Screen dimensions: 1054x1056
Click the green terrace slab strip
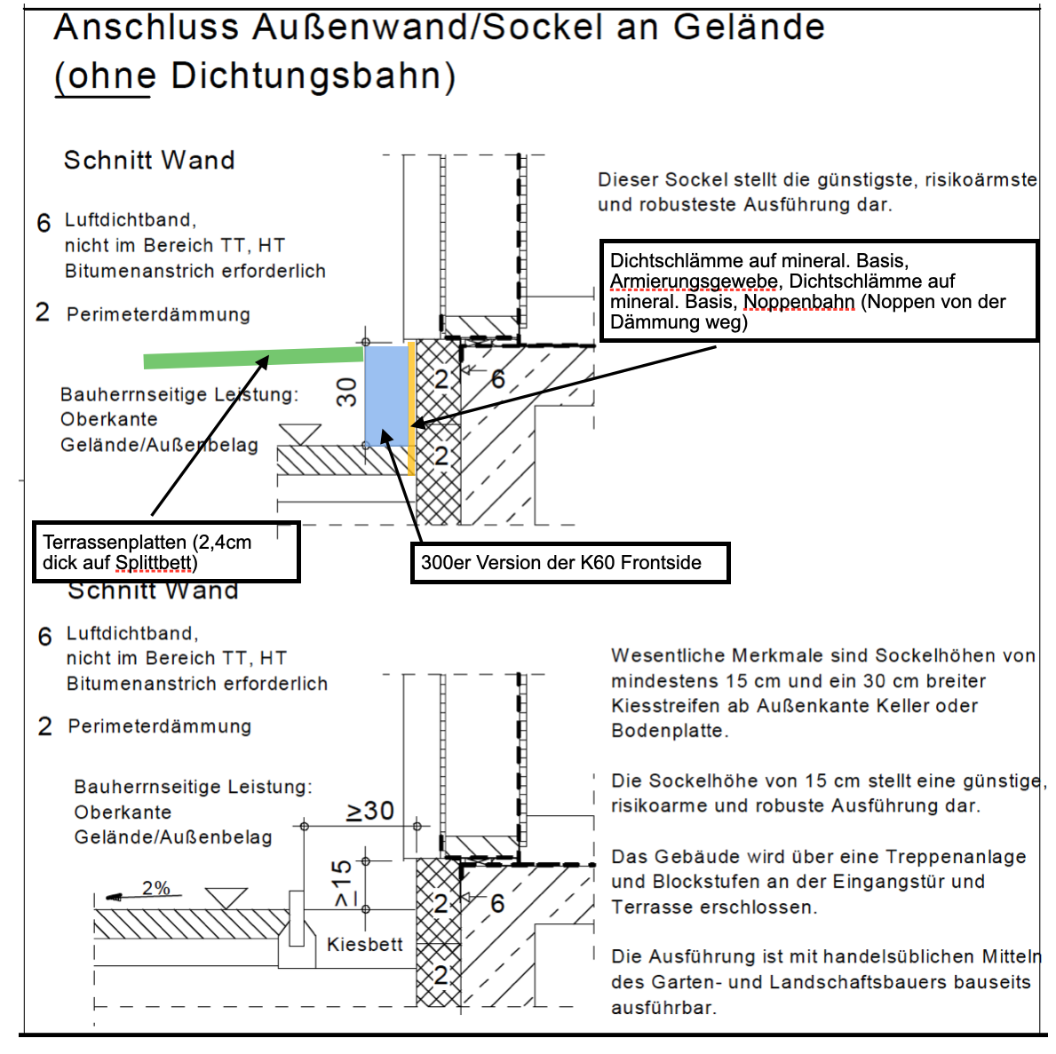coord(254,357)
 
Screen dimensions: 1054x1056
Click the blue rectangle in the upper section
coord(386,396)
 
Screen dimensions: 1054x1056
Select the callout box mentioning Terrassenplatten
coord(166,551)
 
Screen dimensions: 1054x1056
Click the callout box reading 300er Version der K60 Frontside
coord(569,563)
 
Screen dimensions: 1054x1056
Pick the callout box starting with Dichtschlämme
coord(818,290)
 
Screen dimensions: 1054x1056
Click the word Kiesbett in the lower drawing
coord(364,945)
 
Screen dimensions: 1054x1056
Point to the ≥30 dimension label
coord(370,811)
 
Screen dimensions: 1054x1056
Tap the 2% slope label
coord(155,888)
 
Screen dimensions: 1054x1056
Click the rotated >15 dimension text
coord(342,884)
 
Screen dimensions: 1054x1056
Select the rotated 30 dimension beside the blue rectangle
coord(346,392)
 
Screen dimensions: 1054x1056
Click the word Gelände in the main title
coord(749,27)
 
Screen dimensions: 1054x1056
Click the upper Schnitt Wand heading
coord(149,160)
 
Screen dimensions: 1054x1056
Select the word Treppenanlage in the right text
coord(948,857)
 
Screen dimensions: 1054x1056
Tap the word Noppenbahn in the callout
coord(798,302)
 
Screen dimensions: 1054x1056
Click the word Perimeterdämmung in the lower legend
coord(160,726)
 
